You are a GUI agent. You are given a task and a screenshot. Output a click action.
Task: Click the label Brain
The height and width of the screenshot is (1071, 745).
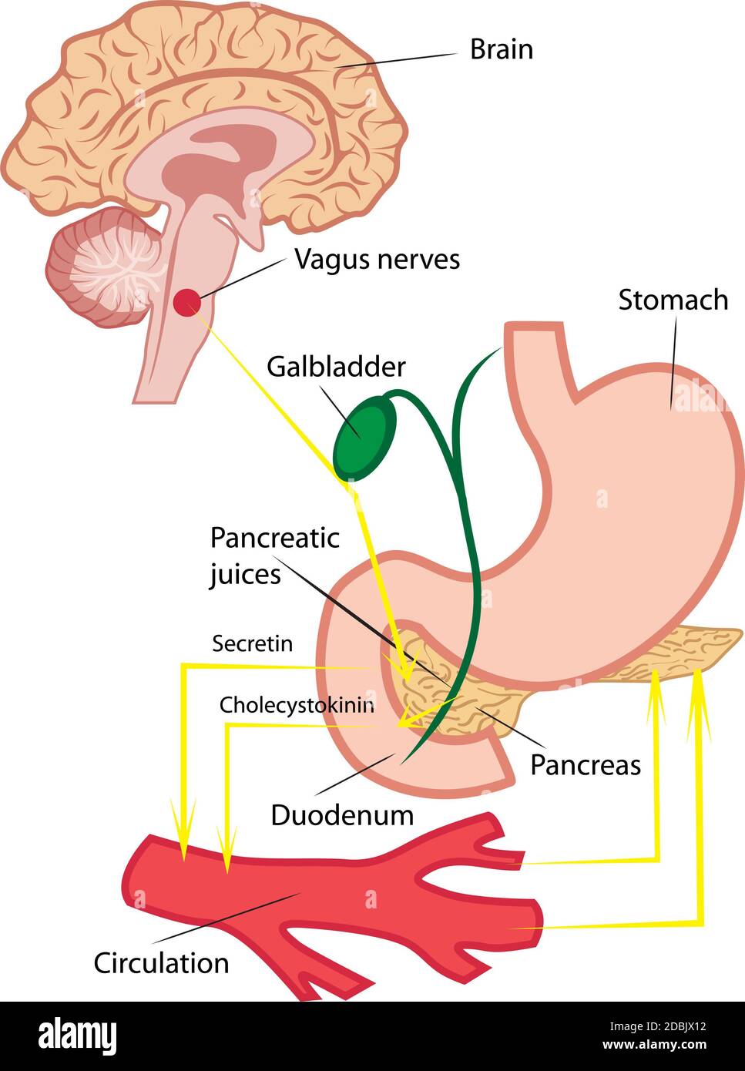501,49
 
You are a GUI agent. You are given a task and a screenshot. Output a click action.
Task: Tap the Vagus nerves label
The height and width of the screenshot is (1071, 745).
377,260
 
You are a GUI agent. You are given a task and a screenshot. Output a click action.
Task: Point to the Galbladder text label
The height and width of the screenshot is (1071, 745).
336,367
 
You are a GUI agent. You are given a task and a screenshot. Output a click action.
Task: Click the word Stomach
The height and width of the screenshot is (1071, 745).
673,300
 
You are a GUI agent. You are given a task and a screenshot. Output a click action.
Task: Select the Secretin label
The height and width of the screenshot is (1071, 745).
252,643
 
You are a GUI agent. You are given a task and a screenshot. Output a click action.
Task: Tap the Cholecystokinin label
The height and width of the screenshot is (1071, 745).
297,705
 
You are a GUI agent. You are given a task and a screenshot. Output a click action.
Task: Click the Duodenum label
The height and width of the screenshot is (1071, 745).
342,815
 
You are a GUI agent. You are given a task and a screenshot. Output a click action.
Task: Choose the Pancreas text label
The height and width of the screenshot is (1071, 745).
586,765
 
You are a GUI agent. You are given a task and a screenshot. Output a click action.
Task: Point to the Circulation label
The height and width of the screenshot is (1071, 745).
161,963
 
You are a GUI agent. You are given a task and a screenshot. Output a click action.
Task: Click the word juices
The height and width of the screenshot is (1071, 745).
245,574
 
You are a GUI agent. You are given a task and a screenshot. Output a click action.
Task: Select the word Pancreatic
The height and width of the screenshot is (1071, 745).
274,537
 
